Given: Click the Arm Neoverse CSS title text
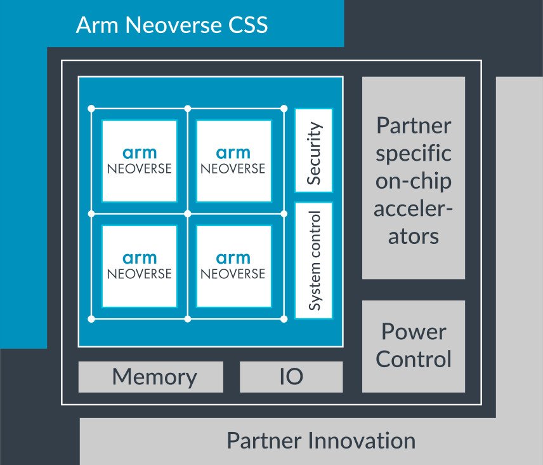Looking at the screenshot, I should tap(171, 25).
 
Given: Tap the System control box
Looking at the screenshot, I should tap(313, 260).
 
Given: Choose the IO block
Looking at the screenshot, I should tap(291, 377).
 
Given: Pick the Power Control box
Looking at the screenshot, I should tap(414, 346).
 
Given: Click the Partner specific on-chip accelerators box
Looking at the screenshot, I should tap(414, 178).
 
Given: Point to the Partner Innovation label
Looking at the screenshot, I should tap(321, 440).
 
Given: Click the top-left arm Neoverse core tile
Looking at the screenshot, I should tap(140, 161).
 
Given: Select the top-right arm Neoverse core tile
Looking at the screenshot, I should tap(233, 161).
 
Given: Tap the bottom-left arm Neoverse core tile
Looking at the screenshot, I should tap(140, 266).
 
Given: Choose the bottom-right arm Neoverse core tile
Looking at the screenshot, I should tap(233, 266).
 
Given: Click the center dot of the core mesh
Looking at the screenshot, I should tap(187, 213).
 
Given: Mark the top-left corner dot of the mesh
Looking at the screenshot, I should tap(91, 108).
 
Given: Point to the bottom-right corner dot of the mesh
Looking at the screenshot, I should tap(284, 318).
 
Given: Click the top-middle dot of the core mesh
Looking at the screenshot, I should tap(187, 108).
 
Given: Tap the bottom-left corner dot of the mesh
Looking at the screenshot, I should tap(91, 318).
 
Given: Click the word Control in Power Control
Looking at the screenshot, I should tap(414, 359).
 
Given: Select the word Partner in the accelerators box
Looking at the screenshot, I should tap(414, 125).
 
